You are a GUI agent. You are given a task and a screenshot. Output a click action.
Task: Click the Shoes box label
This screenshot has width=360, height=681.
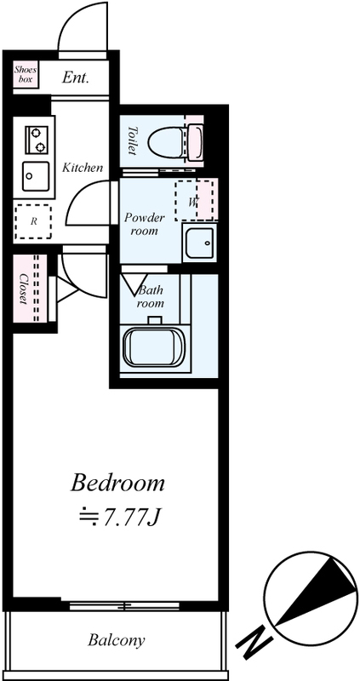26,74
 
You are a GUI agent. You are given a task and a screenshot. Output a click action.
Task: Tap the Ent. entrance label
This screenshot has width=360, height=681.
76,77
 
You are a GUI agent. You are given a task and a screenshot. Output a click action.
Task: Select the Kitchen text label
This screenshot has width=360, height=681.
83,167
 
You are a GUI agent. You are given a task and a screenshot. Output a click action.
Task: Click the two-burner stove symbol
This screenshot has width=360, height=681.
36,139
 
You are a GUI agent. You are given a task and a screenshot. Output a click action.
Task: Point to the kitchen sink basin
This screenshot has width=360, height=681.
36,176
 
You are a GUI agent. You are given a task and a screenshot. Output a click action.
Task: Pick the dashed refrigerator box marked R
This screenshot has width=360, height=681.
33,221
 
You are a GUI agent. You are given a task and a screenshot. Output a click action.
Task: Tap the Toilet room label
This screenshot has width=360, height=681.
133,140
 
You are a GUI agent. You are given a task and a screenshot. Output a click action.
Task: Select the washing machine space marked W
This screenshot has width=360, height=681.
194,201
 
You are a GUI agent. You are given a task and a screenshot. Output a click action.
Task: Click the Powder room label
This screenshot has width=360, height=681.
145,224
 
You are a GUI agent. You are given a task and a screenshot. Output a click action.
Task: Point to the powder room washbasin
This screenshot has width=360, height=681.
199,243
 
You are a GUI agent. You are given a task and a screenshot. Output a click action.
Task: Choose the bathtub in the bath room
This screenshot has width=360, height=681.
154,347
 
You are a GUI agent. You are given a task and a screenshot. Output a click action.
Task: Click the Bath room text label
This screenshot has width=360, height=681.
151,296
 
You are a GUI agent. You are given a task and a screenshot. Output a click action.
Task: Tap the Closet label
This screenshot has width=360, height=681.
25,289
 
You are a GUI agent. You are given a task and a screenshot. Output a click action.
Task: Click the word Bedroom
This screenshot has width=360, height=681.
117,483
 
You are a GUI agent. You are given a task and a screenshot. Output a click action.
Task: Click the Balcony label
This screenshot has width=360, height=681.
117,640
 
